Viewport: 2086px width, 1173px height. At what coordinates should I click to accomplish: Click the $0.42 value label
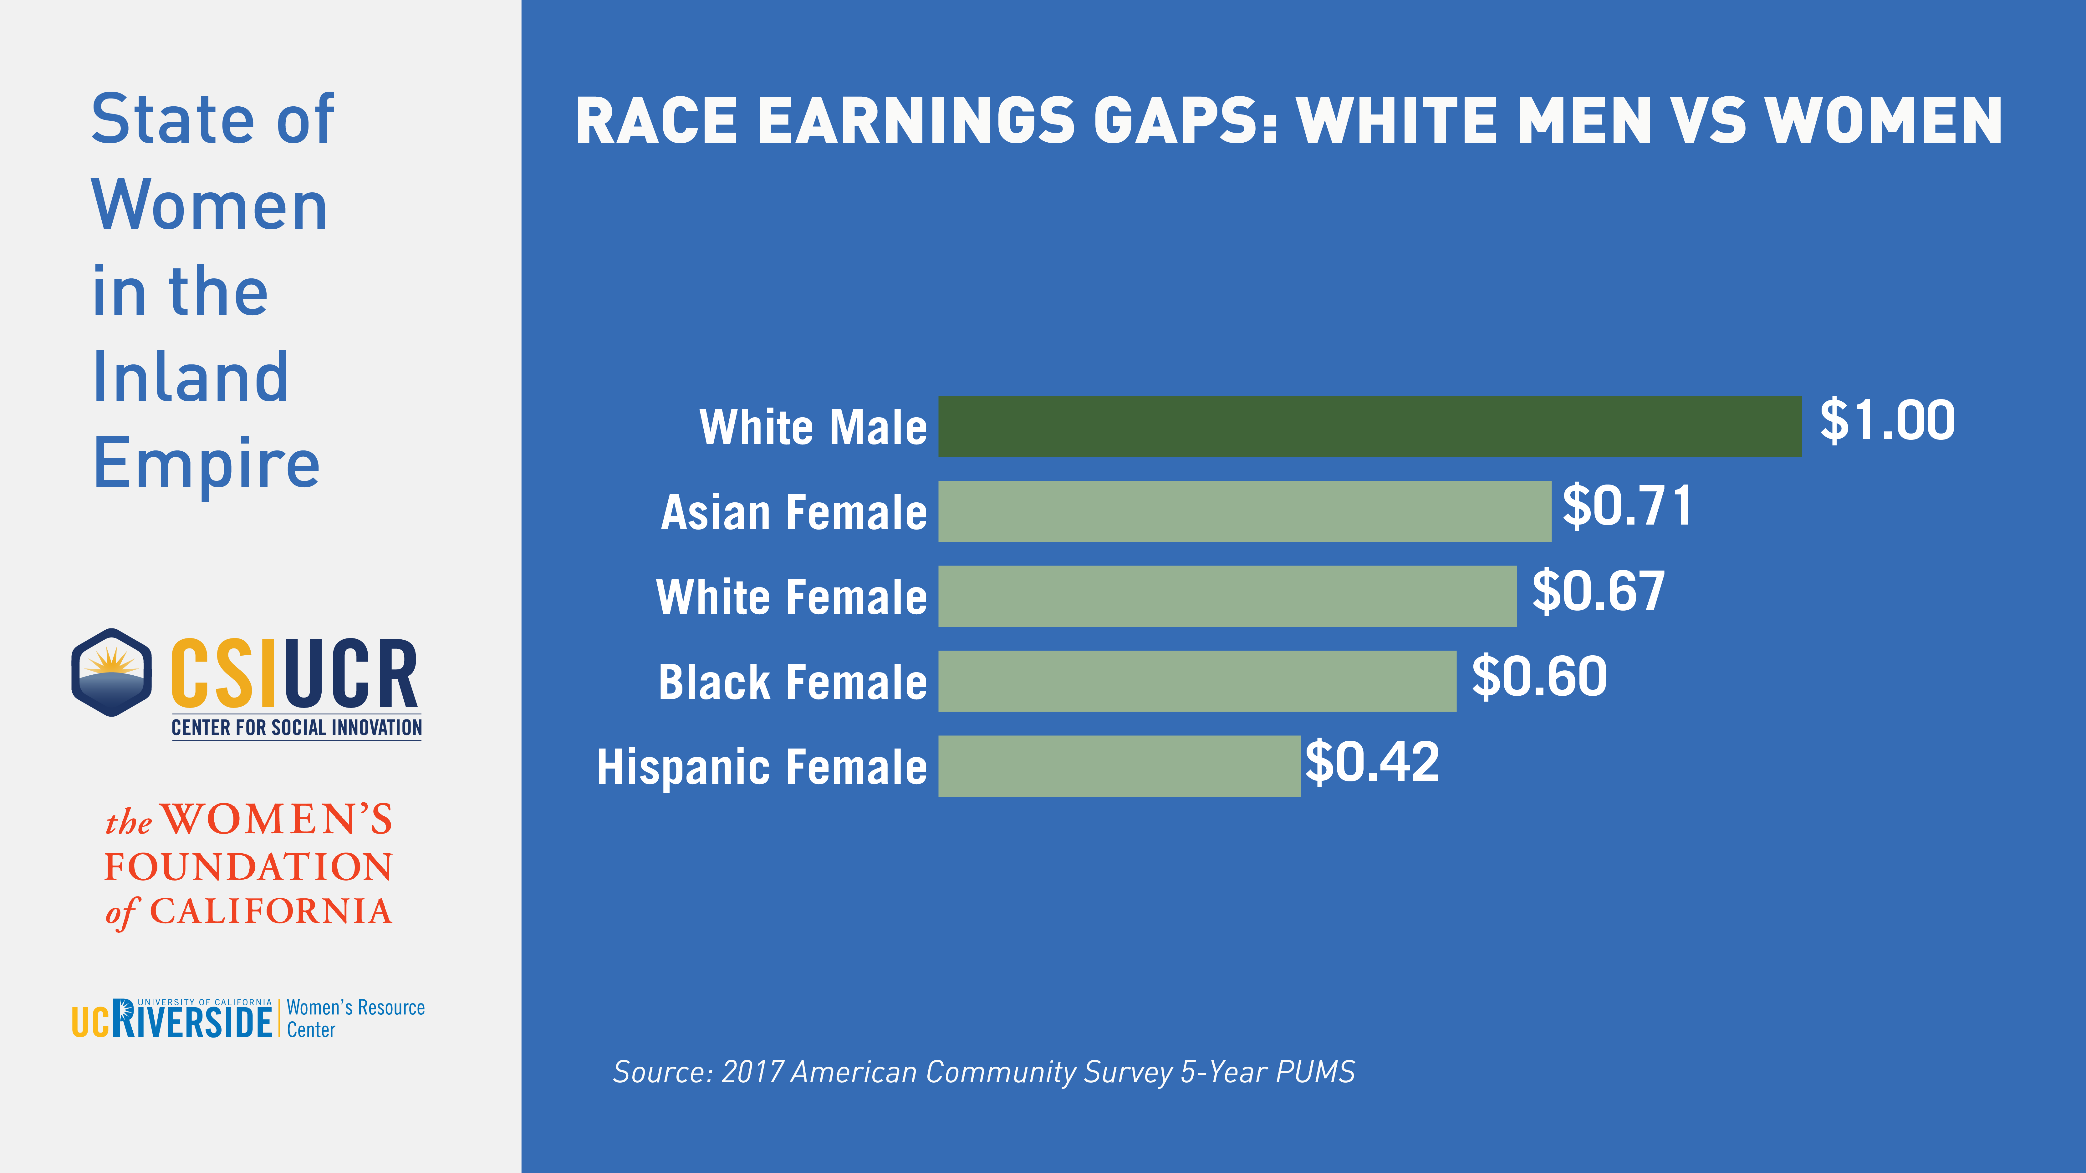click(x=1372, y=762)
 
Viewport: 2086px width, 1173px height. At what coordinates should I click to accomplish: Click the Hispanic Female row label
click(x=761, y=767)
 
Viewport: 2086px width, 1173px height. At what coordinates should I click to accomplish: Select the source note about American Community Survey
click(x=983, y=1072)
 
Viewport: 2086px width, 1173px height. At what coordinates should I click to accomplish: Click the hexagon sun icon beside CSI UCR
click(x=112, y=672)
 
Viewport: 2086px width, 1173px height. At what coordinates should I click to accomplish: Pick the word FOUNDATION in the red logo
click(x=249, y=867)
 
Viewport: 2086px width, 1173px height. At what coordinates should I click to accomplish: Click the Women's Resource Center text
click(x=355, y=1018)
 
